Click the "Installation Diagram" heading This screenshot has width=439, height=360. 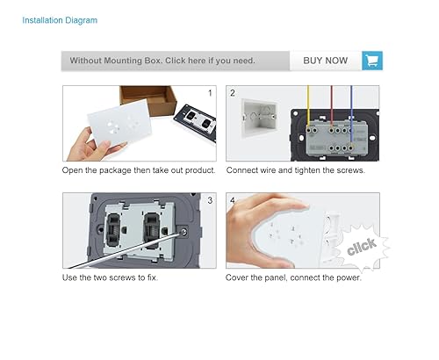click(x=60, y=19)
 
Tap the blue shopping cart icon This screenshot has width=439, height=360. click(x=372, y=61)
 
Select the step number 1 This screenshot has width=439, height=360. click(x=209, y=92)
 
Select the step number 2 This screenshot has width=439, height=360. click(x=233, y=92)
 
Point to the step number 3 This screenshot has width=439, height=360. click(x=209, y=200)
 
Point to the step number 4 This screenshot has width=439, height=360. click(x=233, y=200)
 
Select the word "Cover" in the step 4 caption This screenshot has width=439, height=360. click(x=242, y=278)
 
